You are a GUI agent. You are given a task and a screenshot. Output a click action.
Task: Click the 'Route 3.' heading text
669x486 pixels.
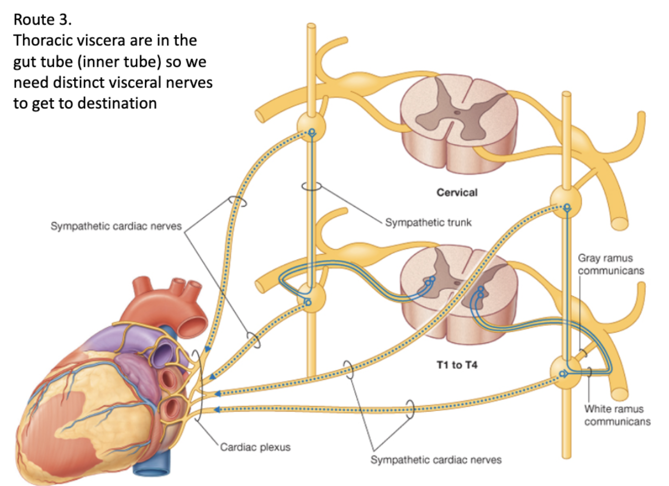click(42, 19)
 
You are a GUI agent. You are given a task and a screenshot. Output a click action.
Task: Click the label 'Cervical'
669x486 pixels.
click(457, 192)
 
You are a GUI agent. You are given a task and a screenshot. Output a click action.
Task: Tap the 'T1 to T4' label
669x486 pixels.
click(457, 365)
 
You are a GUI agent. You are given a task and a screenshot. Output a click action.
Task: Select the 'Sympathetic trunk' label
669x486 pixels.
click(428, 222)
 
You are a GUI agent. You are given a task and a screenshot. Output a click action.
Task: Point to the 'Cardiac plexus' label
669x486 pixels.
click(255, 447)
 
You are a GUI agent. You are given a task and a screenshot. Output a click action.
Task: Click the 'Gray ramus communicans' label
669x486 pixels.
click(610, 264)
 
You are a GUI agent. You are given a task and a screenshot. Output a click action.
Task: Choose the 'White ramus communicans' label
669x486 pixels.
click(617, 415)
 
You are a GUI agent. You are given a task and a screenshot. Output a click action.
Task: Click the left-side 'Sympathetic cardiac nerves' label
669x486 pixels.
click(116, 226)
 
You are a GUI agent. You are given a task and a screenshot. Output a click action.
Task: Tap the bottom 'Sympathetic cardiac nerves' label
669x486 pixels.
click(435, 460)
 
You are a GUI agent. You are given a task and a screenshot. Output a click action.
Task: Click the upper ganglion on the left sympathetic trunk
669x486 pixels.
click(312, 126)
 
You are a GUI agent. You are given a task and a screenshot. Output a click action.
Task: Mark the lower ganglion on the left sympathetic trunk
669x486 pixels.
click(312, 299)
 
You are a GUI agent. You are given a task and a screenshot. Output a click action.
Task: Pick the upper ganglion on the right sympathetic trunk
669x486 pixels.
click(566, 202)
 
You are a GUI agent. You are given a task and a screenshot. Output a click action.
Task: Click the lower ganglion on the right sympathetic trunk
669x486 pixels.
click(566, 372)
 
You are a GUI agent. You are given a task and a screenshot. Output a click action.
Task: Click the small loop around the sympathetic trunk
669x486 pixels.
click(312, 186)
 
